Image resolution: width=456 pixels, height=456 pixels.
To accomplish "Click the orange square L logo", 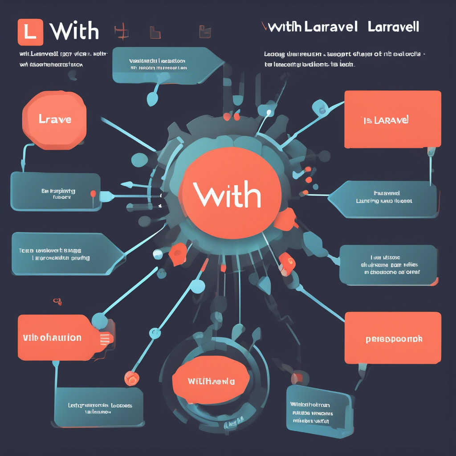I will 30,32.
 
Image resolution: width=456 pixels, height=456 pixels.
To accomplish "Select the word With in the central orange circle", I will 227,195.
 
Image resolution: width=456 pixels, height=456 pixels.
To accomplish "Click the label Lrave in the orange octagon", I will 55,119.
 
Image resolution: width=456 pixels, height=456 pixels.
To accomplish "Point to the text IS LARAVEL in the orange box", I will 386,120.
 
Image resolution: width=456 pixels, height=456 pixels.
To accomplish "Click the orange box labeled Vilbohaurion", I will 52,337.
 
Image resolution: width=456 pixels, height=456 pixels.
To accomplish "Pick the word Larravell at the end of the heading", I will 394,27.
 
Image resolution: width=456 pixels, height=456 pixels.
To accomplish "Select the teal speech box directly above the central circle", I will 165,65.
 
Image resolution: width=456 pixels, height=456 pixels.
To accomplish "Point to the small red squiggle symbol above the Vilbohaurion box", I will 57,301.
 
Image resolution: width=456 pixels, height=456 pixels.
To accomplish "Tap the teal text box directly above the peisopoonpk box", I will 387,265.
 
